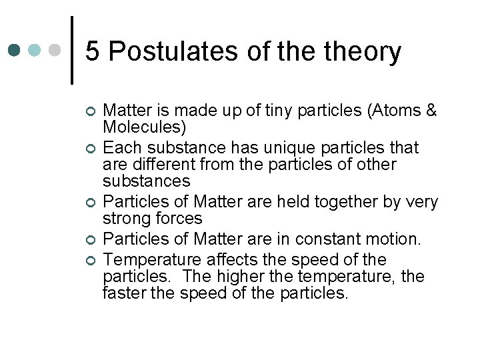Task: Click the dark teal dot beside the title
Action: pyautogui.click(x=15, y=51)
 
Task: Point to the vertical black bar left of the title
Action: pyautogui.click(x=71, y=50)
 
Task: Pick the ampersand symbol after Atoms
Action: pyautogui.click(x=429, y=111)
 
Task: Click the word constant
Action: pyautogui.click(x=323, y=239)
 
